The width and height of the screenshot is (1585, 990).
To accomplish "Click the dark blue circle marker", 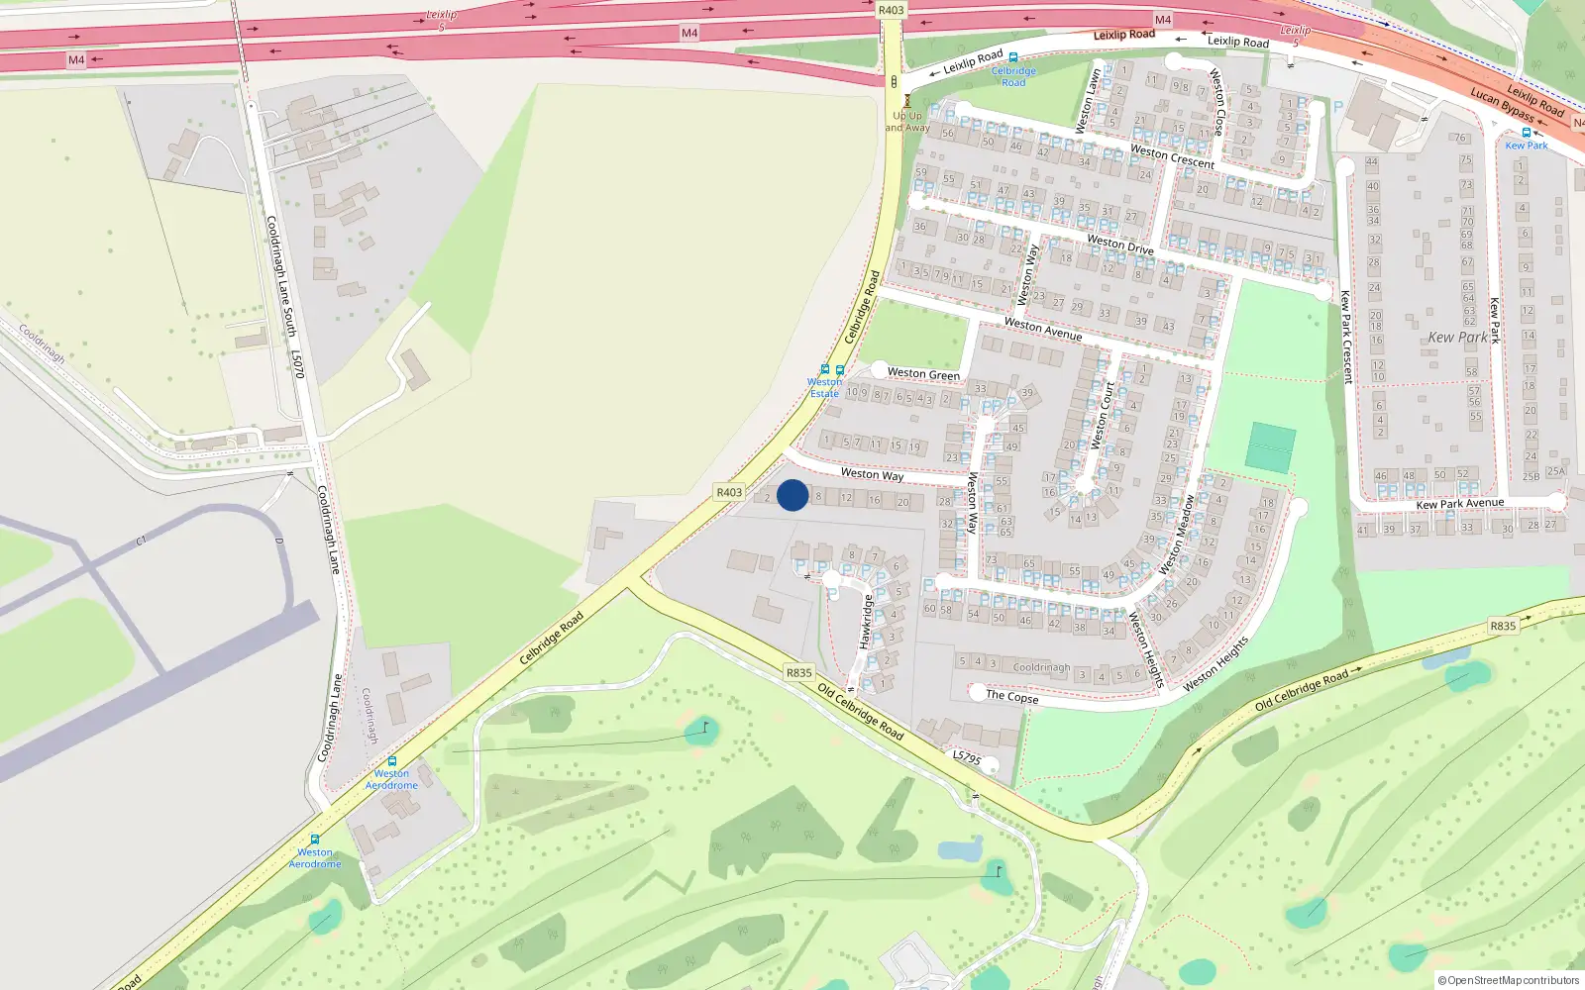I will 792,495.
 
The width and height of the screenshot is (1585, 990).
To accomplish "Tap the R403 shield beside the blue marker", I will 729,492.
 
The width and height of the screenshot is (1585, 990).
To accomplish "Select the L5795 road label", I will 967,757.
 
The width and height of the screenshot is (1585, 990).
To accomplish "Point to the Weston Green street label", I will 923,373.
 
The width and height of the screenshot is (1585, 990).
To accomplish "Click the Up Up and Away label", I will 907,122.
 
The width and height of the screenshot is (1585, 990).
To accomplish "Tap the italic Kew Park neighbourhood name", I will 1457,338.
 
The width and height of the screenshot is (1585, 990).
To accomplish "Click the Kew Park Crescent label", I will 1345,337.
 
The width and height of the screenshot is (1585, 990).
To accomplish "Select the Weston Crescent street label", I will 1172,156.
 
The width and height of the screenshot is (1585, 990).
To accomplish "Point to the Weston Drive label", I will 1119,244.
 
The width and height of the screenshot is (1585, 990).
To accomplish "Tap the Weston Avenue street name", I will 1042,329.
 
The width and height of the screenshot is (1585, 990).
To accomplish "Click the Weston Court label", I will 1102,416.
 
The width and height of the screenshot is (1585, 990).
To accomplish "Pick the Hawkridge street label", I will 866,622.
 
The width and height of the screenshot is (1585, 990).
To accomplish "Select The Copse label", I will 1011,697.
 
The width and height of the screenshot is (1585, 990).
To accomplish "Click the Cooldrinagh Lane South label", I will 280,276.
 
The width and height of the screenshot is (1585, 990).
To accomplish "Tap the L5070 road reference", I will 297,363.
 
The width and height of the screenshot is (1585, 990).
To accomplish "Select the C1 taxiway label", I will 141,541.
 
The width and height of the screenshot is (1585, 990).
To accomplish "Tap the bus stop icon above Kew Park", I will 1526,133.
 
